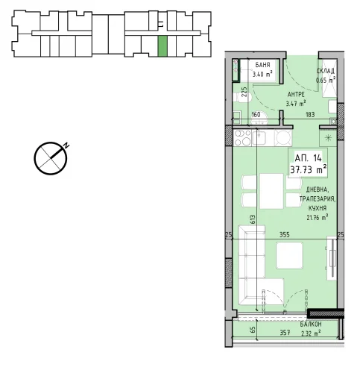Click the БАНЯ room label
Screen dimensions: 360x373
tap(262, 65)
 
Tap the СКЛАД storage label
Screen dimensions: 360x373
tap(326, 71)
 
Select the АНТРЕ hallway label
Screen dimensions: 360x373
tap(296, 95)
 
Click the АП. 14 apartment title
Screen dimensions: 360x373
tap(308, 158)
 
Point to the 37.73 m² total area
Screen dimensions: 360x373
tap(309, 170)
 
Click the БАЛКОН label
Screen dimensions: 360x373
tap(311, 325)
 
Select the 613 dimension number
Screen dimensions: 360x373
tap(253, 219)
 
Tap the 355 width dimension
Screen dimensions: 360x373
tap(285, 235)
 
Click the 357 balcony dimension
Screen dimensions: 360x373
tap(285, 333)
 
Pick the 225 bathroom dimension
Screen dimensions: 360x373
tap(244, 92)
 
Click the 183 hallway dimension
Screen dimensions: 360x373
tap(310, 114)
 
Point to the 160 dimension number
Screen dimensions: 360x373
tap(256, 114)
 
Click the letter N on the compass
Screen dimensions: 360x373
tap(66, 145)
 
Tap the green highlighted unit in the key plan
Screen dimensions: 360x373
tap(162, 46)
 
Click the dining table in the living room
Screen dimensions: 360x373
tap(271, 191)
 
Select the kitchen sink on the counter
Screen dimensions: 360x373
tap(259, 138)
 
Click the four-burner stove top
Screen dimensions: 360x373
tap(242, 138)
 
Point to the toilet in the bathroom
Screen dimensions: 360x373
tap(242, 97)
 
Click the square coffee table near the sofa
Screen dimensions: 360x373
tap(289, 255)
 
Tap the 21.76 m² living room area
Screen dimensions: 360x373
tap(318, 217)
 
